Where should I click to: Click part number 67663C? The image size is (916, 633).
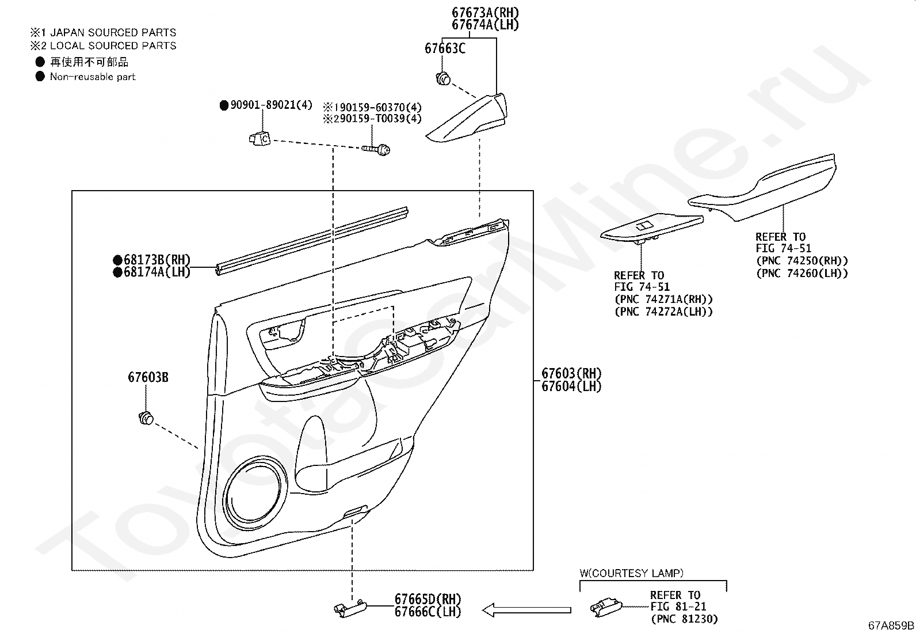click(x=445, y=48)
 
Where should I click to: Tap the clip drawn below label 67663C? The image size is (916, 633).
click(x=442, y=79)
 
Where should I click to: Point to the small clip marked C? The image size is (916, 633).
click(x=260, y=139)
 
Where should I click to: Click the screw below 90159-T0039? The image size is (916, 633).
click(x=376, y=150)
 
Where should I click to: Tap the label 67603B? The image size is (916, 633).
click(x=148, y=378)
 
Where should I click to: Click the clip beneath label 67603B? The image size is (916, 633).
click(x=146, y=418)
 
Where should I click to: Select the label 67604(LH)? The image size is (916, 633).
click(x=571, y=386)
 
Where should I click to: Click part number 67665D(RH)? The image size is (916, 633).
click(x=428, y=600)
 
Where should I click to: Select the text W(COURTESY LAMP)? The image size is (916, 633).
click(x=631, y=573)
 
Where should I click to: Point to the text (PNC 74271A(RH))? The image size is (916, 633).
click(x=663, y=300)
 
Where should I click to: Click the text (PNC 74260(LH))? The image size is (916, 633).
click(x=801, y=273)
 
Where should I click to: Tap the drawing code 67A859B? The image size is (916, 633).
click(x=891, y=626)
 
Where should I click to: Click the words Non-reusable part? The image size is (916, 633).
click(x=92, y=77)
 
